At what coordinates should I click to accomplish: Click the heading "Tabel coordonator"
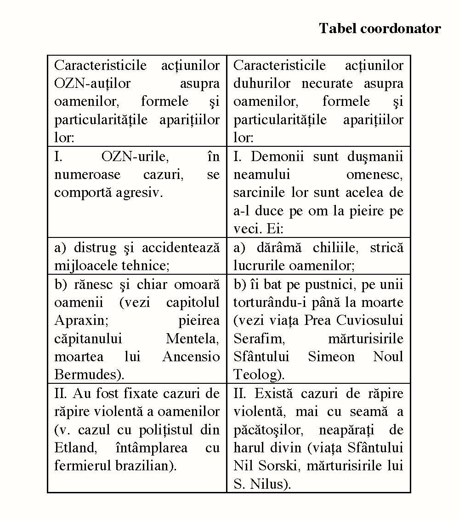tap(380, 29)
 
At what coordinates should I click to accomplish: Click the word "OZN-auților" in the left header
tap(92, 84)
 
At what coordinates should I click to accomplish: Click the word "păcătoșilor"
tap(266, 430)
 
